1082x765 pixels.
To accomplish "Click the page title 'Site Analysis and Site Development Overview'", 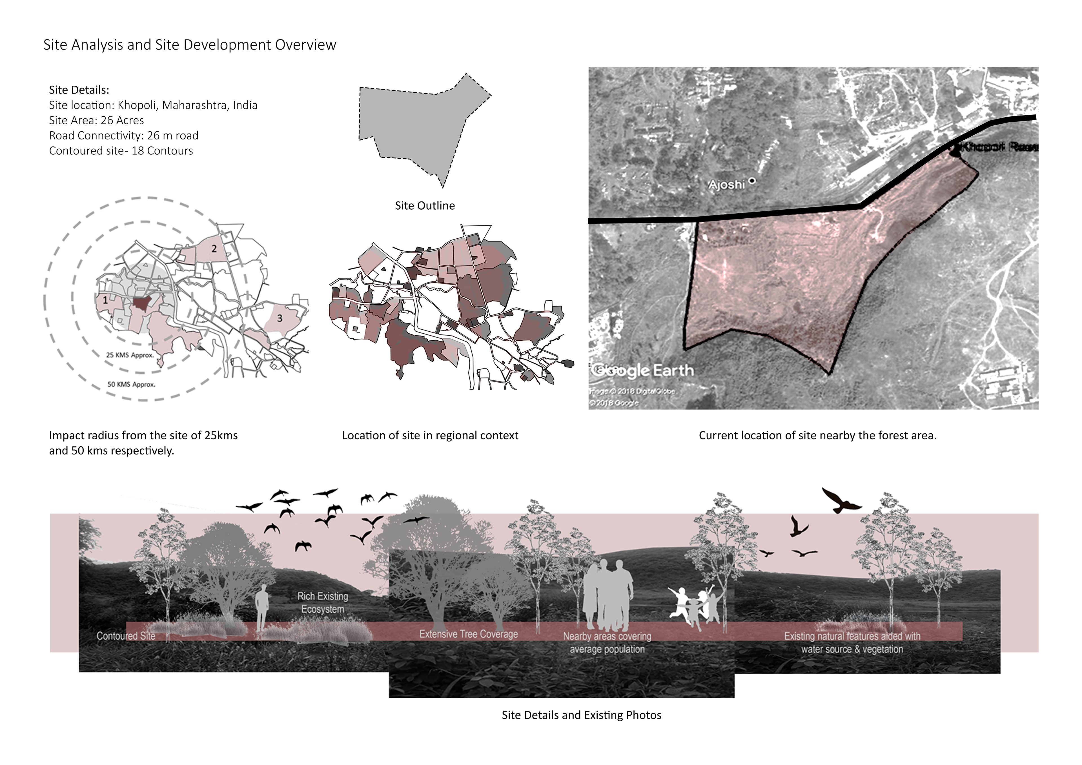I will [189, 45].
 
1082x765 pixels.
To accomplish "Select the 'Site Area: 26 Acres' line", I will [96, 120].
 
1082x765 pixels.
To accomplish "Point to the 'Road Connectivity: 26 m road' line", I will [123, 136].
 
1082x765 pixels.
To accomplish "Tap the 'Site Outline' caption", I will [425, 205].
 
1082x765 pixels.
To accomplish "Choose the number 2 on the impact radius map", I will [214, 249].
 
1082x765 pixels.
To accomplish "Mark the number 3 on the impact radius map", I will [280, 319].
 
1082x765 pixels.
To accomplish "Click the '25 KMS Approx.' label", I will [130, 355].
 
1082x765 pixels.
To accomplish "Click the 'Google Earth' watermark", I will [642, 371].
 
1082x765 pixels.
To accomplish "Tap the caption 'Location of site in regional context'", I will [430, 436].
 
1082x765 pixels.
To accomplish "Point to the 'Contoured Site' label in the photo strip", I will [126, 636].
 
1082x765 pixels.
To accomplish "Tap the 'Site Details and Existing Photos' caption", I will [581, 715].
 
